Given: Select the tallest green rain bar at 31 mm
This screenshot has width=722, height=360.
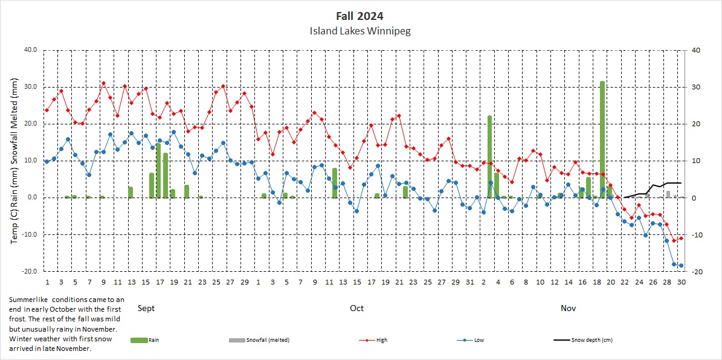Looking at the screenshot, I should pyautogui.click(x=602, y=139).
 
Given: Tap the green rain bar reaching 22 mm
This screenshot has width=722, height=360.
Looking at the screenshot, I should pyautogui.click(x=490, y=157).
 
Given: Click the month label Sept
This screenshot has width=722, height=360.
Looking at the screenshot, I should pyautogui.click(x=146, y=308).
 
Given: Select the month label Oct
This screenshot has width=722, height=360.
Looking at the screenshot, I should pyautogui.click(x=356, y=308).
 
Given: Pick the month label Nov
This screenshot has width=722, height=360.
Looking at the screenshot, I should pyautogui.click(x=568, y=308).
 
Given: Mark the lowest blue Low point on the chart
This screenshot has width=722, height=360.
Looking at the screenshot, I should pyautogui.click(x=681, y=265).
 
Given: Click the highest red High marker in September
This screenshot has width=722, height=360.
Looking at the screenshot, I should pyautogui.click(x=103, y=83).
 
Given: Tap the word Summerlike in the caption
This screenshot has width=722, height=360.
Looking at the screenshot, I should pyautogui.click(x=28, y=300).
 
